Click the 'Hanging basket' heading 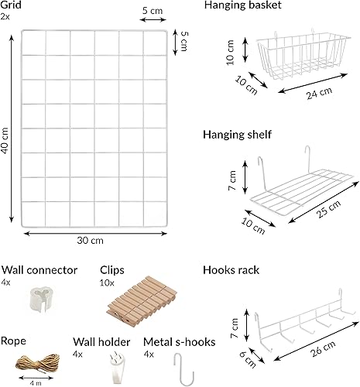point(242,5)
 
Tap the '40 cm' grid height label point(5,141)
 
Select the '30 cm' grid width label point(90,241)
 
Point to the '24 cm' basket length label point(319,93)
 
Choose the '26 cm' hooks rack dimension point(323,348)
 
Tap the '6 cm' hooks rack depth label point(248,359)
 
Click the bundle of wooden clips point(142,301)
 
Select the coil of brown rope point(38,364)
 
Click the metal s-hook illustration point(183,370)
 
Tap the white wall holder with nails point(118,368)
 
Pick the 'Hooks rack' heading point(231,270)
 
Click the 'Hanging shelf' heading point(237,135)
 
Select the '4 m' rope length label point(36,383)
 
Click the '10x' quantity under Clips point(107,283)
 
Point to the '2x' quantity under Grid point(5,17)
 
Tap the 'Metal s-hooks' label point(180,342)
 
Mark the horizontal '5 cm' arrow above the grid point(153,19)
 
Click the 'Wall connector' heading point(39,270)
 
